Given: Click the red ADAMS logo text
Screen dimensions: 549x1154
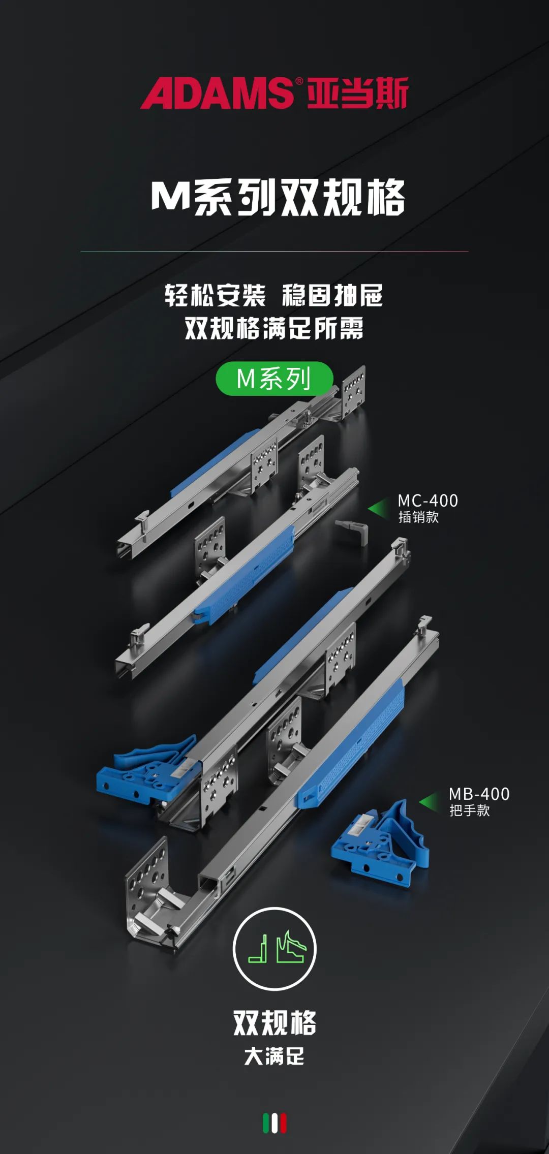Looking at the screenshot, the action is [x=217, y=93].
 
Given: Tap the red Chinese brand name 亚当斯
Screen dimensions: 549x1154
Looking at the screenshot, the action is [x=358, y=93].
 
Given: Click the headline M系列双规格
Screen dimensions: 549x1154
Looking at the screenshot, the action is [x=278, y=197].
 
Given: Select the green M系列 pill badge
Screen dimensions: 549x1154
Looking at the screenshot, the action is [x=274, y=379].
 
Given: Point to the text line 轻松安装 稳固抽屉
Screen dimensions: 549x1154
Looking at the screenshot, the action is [x=273, y=295].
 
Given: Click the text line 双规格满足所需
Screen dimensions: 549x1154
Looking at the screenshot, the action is [x=274, y=328].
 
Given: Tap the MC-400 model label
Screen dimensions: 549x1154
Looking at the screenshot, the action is [x=428, y=501].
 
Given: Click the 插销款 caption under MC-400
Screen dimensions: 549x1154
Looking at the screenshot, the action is [x=418, y=517].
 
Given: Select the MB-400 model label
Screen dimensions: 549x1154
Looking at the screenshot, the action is [x=479, y=794].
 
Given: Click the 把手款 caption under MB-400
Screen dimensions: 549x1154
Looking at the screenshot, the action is [x=469, y=810].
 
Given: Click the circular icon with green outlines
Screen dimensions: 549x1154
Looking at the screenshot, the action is [x=274, y=948].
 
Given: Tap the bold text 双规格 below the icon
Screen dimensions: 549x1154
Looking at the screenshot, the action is [x=274, y=1022].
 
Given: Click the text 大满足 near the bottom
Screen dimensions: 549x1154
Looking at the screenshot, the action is [x=274, y=1056].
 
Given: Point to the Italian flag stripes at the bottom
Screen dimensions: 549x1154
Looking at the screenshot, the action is [x=274, y=1123].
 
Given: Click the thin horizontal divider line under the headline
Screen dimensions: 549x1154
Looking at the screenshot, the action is [x=274, y=251].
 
